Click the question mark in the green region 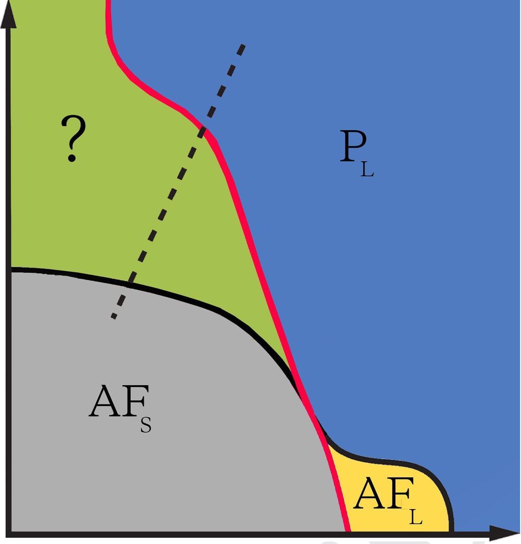pos(73,139)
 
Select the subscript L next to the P pos(367,170)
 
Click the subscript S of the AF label pos(145,425)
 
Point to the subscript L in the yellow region pos(415,517)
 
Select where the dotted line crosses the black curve pos(129,284)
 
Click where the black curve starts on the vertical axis pos(11,269)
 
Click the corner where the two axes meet pos(9,533)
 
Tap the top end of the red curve pos(108,2)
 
